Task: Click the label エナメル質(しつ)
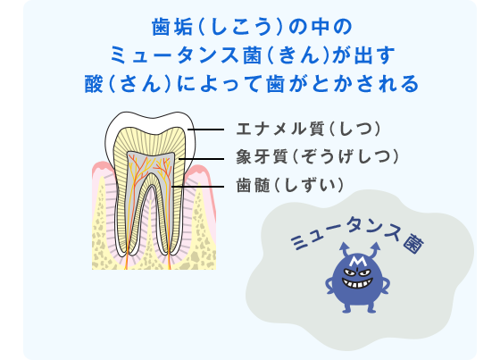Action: (x=308, y=130)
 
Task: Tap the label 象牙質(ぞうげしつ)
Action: (x=318, y=157)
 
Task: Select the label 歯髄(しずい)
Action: (x=290, y=186)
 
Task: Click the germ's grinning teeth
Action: (x=357, y=283)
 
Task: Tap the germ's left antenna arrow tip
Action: (x=344, y=245)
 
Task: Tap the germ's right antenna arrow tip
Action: (x=376, y=245)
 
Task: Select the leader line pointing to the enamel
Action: (x=205, y=130)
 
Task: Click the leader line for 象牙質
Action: (x=202, y=159)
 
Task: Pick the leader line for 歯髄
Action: (x=197, y=187)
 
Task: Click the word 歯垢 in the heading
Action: (x=172, y=27)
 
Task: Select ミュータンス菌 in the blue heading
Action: (x=188, y=54)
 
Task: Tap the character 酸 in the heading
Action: (x=94, y=84)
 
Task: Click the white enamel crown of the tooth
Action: (x=150, y=121)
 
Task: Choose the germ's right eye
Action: (x=365, y=273)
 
